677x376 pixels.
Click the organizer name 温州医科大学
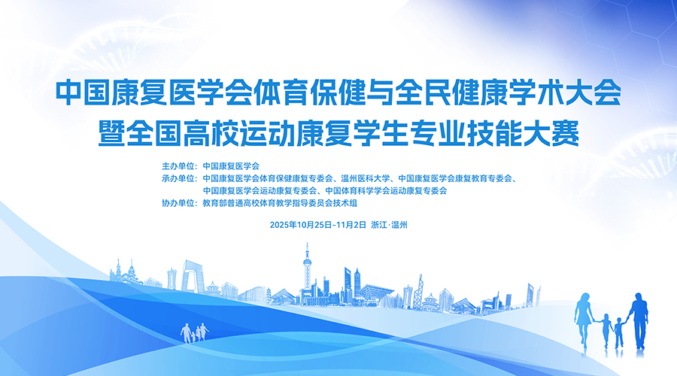[x=366, y=178]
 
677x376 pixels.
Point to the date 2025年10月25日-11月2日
[x=317, y=225]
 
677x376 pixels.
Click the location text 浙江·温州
[x=389, y=225]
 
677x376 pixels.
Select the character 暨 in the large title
[x=112, y=133]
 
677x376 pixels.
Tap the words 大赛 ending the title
[x=551, y=133]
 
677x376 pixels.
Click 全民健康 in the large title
[x=451, y=92]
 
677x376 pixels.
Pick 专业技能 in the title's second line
[x=466, y=133]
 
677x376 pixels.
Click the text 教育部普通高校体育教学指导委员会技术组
[x=280, y=203]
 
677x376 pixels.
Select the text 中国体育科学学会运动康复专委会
[x=386, y=190]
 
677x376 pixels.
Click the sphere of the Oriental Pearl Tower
[x=307, y=262]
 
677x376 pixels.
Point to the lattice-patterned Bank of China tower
[x=418, y=292]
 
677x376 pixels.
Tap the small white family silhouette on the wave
[x=194, y=333]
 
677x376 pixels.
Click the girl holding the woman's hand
[x=606, y=331]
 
